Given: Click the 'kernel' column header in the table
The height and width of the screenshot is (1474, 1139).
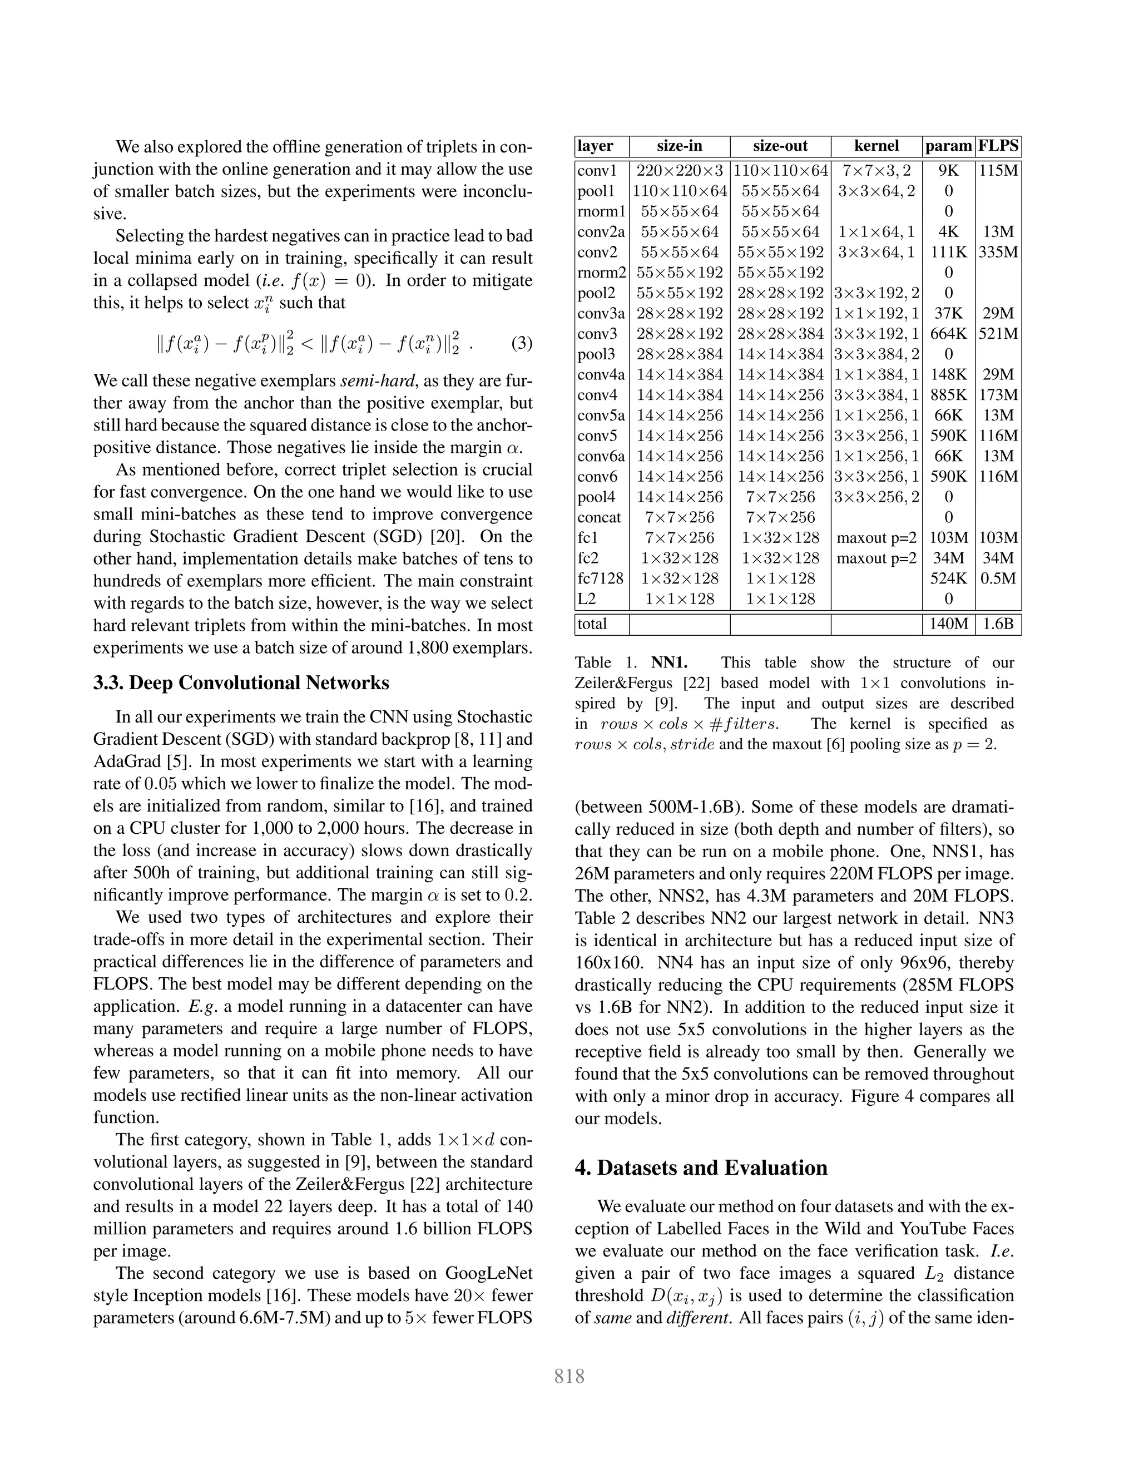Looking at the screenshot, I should [x=876, y=146].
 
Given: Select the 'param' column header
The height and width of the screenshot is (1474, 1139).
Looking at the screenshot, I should [x=948, y=146].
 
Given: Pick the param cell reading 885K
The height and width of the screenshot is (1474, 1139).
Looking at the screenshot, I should [x=948, y=395].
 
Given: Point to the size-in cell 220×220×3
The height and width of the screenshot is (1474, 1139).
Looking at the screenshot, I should [x=679, y=171].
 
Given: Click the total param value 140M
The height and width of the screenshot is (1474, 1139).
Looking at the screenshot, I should [x=948, y=624].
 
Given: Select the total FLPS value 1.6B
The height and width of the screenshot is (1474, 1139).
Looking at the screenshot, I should [x=998, y=624].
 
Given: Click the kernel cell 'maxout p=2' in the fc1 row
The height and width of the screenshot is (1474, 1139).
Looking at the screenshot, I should [x=876, y=538].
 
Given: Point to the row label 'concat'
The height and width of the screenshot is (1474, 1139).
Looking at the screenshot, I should [x=598, y=518].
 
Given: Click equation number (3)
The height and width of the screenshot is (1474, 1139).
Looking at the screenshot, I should [x=521, y=344].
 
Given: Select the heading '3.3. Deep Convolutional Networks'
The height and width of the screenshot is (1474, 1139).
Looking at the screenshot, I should [x=241, y=683].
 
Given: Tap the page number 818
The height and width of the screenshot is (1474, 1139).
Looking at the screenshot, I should [x=569, y=1376].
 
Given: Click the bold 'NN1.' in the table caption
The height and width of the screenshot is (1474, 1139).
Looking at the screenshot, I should [x=668, y=663].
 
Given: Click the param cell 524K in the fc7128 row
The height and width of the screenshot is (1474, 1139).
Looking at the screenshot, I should [x=948, y=578].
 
